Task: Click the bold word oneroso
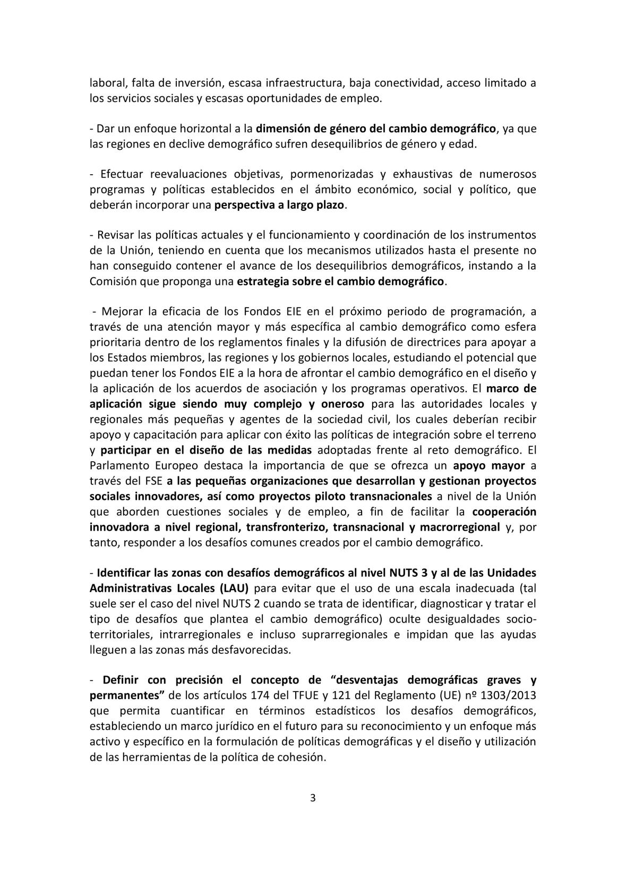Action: [x=340, y=404]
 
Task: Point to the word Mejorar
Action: [x=121, y=311]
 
